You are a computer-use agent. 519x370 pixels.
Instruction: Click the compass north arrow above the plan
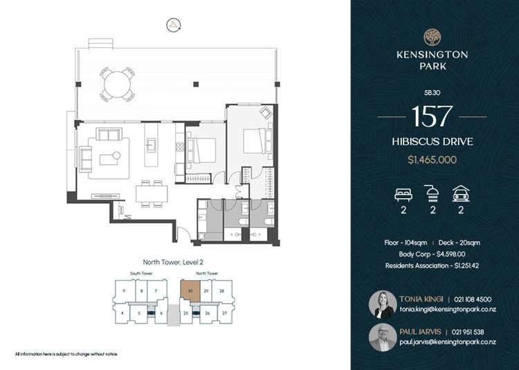pos(172,26)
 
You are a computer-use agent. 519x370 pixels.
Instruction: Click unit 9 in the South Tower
pos(122,291)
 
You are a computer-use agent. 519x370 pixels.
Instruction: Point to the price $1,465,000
pos(432,160)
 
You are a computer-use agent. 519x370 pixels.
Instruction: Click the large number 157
pos(432,116)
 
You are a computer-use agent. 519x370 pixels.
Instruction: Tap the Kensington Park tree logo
pos(432,37)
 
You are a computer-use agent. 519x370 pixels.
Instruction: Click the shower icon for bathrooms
pos(432,193)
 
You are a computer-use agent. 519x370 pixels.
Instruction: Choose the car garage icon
pos(462,193)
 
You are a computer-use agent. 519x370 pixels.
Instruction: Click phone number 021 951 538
pos(470,332)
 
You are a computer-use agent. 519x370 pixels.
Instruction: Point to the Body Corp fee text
pos(432,254)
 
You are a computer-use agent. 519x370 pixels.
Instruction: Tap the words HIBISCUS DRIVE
pos(432,142)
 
